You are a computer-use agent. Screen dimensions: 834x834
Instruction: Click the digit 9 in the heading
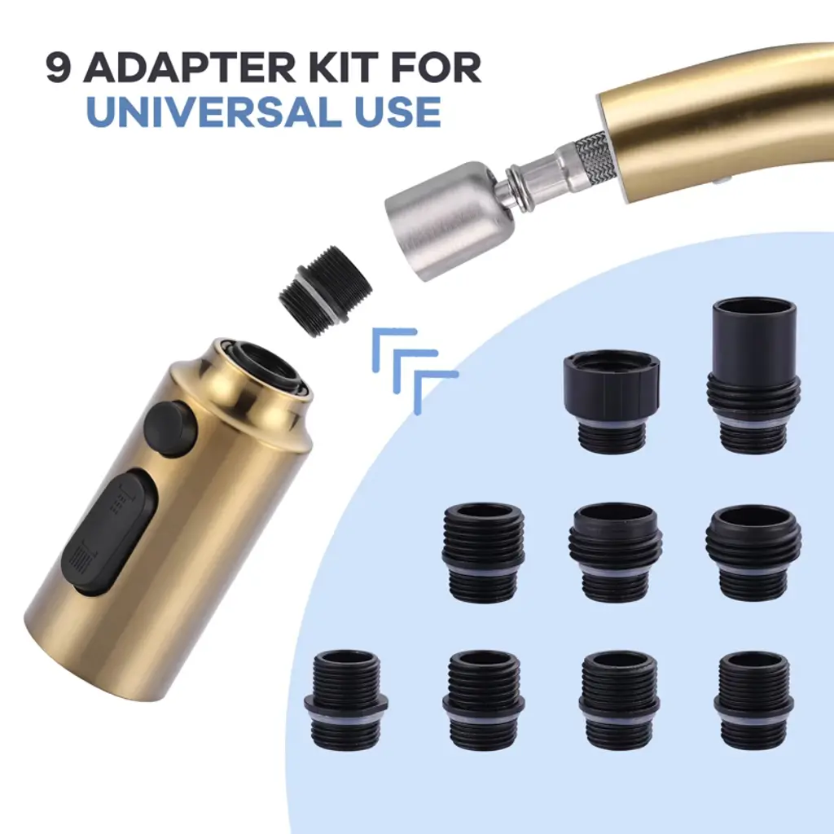(x=59, y=68)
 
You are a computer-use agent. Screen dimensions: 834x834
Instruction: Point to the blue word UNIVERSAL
(x=213, y=111)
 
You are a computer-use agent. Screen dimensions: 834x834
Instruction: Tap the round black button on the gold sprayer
(x=170, y=428)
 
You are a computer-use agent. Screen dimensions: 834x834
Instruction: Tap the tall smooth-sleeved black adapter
(x=753, y=375)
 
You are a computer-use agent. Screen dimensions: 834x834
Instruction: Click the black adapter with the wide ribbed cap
(x=611, y=402)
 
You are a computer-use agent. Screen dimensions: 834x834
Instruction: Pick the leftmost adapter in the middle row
(x=483, y=552)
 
